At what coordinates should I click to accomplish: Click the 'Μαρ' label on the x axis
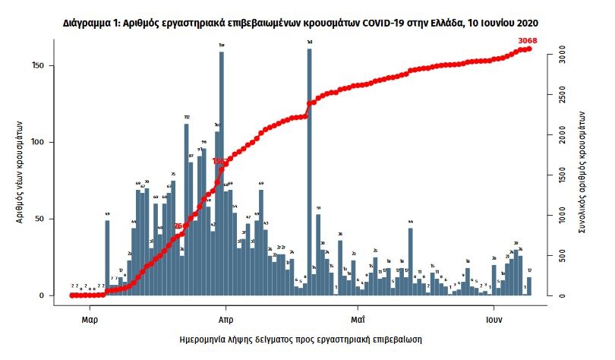click(x=89, y=310)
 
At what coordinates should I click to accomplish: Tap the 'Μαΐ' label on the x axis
click(x=358, y=310)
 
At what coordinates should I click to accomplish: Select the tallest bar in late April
click(x=310, y=172)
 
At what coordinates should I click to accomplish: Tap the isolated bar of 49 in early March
click(x=107, y=258)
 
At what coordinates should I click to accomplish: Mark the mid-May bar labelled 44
click(x=410, y=261)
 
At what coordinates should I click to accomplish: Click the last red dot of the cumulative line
click(x=528, y=49)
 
